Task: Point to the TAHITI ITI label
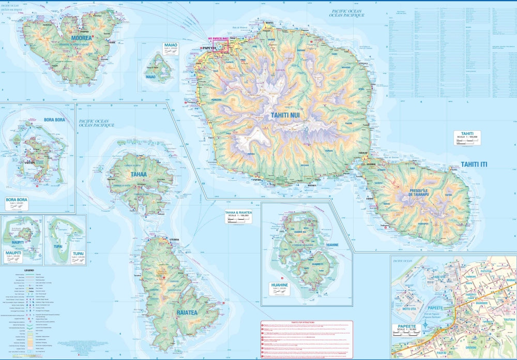(x=474, y=164)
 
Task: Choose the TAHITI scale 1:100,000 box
(x=467, y=137)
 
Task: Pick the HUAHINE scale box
(x=280, y=288)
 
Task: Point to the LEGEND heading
(x=29, y=271)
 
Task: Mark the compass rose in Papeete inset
(x=425, y=325)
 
